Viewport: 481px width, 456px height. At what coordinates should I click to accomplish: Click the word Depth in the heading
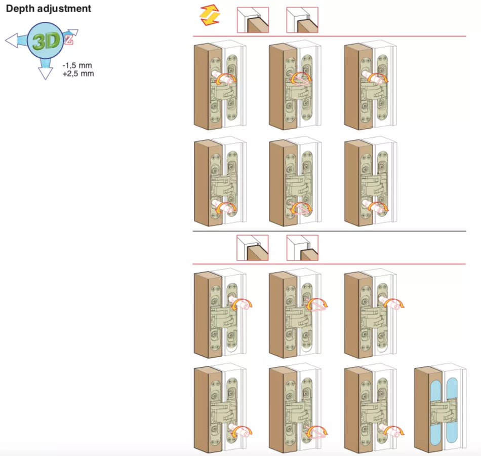[20, 9]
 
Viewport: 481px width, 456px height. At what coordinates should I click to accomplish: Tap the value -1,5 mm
[77, 65]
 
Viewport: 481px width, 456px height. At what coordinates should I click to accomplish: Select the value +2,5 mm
[78, 73]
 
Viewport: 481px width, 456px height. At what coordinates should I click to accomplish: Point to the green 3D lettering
[46, 42]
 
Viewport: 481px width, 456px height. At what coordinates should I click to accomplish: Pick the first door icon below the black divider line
[253, 248]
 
